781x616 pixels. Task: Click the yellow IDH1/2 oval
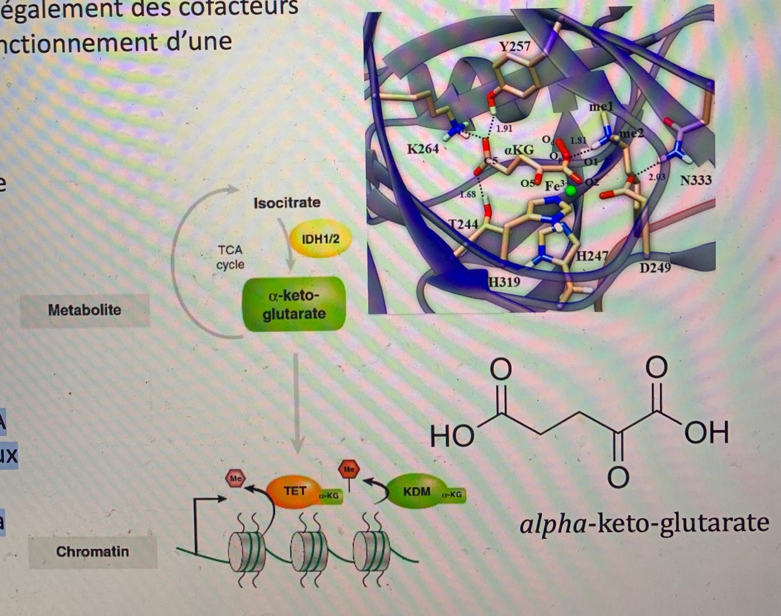[x=320, y=239]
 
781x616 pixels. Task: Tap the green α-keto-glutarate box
[x=293, y=304]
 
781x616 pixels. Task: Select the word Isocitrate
[x=287, y=203]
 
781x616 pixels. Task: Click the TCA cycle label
[x=230, y=257]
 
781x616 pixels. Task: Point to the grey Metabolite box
[x=85, y=310]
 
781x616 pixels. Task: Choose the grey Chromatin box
[x=93, y=552]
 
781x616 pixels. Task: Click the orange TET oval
[x=294, y=491]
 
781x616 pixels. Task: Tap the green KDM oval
[x=416, y=491]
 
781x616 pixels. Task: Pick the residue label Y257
[x=515, y=46]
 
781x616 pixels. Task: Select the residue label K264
[x=423, y=148]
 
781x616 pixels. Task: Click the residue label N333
[x=696, y=179]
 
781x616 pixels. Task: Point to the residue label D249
[x=655, y=268]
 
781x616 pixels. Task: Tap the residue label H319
[x=504, y=282]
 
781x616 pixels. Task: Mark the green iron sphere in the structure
[x=571, y=190]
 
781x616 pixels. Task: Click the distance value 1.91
[x=503, y=128]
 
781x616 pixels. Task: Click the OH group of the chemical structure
[x=707, y=433]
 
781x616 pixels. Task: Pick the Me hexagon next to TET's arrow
[x=236, y=478]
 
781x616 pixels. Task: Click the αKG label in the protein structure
[x=519, y=150]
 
